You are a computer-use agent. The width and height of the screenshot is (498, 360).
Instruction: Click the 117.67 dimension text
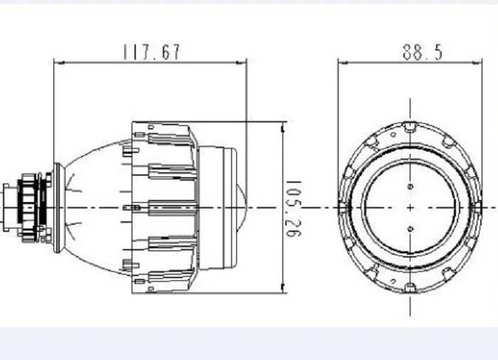tap(152, 52)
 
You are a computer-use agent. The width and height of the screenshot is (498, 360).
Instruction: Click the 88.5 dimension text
tap(423, 52)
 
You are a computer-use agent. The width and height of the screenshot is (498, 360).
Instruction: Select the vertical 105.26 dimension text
tap(294, 208)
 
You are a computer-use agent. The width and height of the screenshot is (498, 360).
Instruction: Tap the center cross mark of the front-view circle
tap(410, 208)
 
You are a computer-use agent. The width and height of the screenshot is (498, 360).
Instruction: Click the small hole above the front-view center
tap(410, 186)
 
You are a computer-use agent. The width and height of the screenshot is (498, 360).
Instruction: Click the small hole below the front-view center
tap(410, 229)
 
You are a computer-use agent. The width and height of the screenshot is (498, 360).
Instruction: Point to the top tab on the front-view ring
tap(410, 127)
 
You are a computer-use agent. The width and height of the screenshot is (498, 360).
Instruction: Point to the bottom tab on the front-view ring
tap(410, 288)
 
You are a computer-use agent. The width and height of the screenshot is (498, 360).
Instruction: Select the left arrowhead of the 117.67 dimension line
tap(59, 63)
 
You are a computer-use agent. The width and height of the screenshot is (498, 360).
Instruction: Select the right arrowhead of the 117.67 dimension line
tap(241, 63)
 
